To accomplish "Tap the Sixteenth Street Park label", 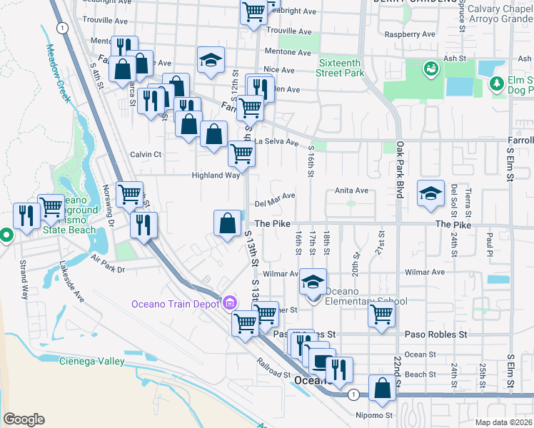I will (x=341, y=67).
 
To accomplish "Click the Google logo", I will (x=24, y=419).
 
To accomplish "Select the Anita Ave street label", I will (x=352, y=190).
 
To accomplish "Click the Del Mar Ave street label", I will (x=275, y=198).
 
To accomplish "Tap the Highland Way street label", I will (x=215, y=175).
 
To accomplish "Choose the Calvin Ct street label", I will (x=146, y=154).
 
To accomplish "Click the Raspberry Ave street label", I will (x=410, y=34).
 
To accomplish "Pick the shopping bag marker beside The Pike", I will (x=227, y=223).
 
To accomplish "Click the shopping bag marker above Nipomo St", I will (x=383, y=389).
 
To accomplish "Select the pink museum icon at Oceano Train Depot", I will (x=229, y=303).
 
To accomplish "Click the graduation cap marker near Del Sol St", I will (x=430, y=194).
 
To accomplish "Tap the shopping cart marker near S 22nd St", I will (x=382, y=313).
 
